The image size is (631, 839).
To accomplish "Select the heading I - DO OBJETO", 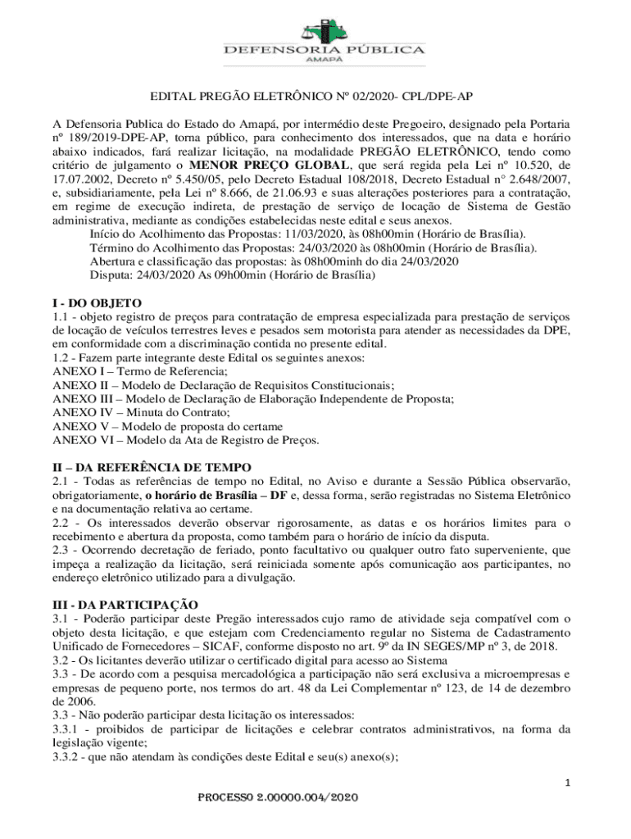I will click(97, 302).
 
